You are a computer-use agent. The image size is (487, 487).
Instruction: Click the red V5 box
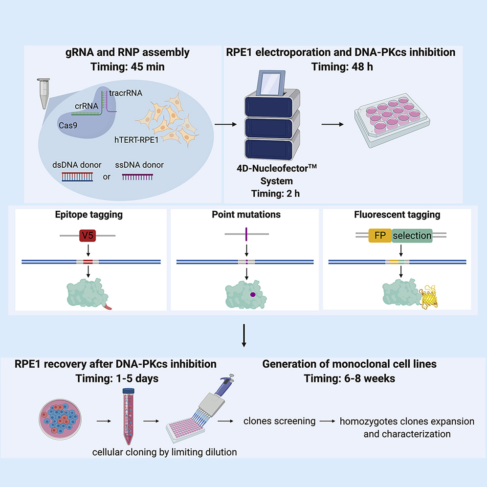88,235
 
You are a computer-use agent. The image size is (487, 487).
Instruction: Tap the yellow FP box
377,235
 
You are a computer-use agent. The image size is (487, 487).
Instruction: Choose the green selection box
411,235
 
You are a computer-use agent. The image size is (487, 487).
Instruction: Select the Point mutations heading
247,214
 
